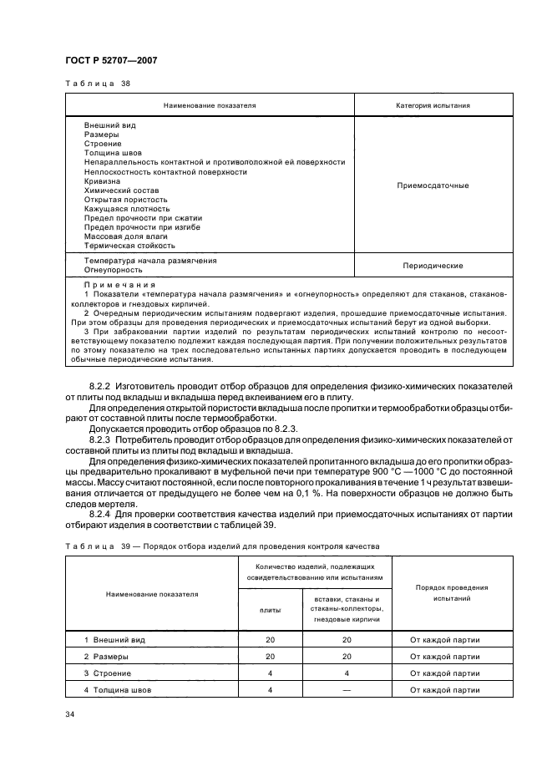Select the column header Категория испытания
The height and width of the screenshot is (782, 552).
pos(432,106)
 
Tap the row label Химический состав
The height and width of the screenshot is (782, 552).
pos(115,190)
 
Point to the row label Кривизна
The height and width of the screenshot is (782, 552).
pos(102,181)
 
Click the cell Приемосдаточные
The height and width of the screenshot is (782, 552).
pos(432,185)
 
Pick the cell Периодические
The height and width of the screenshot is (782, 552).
pos(432,265)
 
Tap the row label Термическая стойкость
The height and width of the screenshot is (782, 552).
pos(129,246)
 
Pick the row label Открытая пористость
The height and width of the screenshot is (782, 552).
pos(125,200)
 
